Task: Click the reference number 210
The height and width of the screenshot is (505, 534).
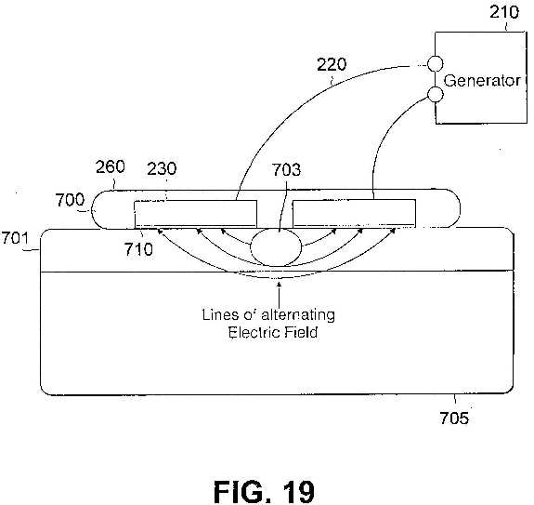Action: tap(504, 12)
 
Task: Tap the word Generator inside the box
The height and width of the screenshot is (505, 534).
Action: tap(482, 81)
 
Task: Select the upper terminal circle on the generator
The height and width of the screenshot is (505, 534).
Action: tap(435, 63)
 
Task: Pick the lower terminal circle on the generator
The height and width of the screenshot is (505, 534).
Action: tap(435, 95)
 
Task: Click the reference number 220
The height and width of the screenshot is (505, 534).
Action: tap(332, 64)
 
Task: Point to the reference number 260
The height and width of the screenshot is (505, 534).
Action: tap(110, 166)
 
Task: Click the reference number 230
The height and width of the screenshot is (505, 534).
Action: tap(162, 168)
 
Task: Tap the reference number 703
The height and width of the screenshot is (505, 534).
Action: tap(286, 170)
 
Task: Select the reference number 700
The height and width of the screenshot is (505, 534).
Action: tap(70, 200)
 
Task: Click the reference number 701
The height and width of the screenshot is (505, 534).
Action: tap(15, 238)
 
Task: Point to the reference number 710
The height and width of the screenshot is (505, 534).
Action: tap(138, 249)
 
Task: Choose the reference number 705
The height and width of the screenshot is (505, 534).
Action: tap(454, 418)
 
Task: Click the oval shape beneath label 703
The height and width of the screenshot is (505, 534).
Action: tap(276, 246)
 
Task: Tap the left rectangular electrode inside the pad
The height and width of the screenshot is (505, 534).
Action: tap(195, 214)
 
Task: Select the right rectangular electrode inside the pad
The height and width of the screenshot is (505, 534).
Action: tap(354, 213)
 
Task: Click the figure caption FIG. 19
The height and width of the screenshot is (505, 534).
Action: tap(265, 492)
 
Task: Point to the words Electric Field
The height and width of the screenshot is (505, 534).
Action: tap(273, 332)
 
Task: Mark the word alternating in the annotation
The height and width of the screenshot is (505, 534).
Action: tap(298, 315)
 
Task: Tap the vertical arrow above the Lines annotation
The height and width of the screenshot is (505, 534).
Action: tap(280, 294)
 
